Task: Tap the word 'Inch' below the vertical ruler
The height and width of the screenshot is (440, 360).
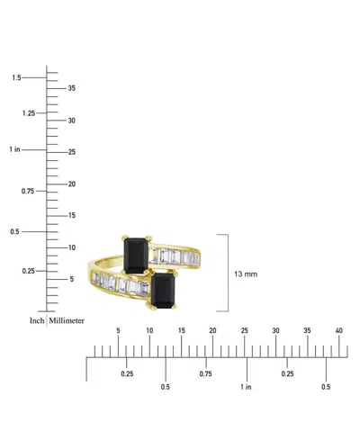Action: pyautogui.click(x=37, y=320)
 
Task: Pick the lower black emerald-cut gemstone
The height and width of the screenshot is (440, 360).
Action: pyautogui.click(x=164, y=289)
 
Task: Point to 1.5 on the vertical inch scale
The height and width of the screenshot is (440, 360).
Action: pyautogui.click(x=16, y=78)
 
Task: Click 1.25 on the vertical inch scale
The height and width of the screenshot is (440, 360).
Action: pyautogui.click(x=29, y=113)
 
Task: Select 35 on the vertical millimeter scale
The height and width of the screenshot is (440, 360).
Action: pyautogui.click(x=73, y=88)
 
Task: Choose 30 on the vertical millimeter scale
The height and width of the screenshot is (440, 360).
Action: pyautogui.click(x=73, y=120)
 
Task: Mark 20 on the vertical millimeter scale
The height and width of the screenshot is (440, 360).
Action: pyautogui.click(x=73, y=184)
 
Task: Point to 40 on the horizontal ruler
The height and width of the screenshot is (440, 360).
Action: pyautogui.click(x=339, y=331)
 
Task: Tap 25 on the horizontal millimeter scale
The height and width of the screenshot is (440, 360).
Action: pyautogui.click(x=244, y=331)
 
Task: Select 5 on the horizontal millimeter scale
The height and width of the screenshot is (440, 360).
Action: pyautogui.click(x=118, y=331)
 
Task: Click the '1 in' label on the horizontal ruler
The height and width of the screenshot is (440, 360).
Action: pyautogui.click(x=246, y=387)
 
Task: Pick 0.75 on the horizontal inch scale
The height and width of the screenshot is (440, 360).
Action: pyautogui.click(x=207, y=373)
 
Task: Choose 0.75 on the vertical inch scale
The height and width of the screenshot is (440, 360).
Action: pyautogui.click(x=29, y=191)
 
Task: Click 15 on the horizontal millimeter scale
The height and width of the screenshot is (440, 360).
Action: pyautogui.click(x=181, y=331)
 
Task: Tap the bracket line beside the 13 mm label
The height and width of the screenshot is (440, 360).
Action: pyautogui.click(x=227, y=273)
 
